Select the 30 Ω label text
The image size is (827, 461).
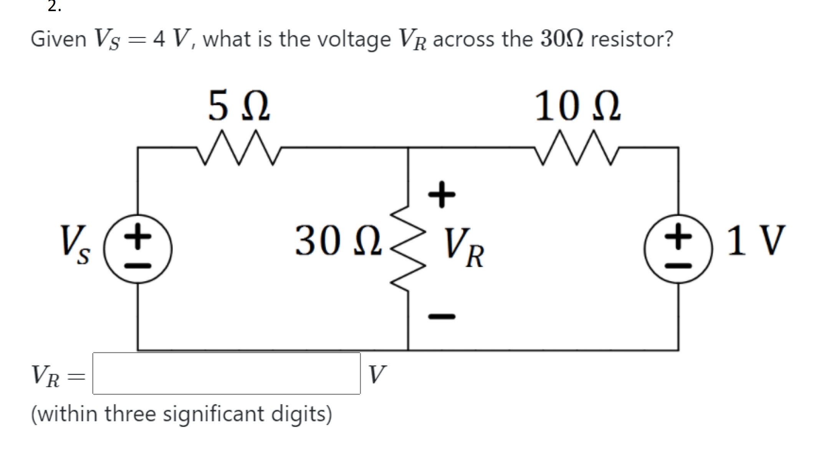click(x=338, y=241)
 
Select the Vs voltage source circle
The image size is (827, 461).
click(x=137, y=249)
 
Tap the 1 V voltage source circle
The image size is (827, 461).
click(x=678, y=249)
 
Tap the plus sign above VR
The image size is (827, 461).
click(x=442, y=194)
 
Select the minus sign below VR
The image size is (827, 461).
click(x=442, y=317)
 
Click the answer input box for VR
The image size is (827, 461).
click(x=227, y=373)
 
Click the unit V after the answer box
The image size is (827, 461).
click(x=377, y=374)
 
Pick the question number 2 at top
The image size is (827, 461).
click(x=54, y=6)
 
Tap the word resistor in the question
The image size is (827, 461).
click(x=632, y=39)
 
